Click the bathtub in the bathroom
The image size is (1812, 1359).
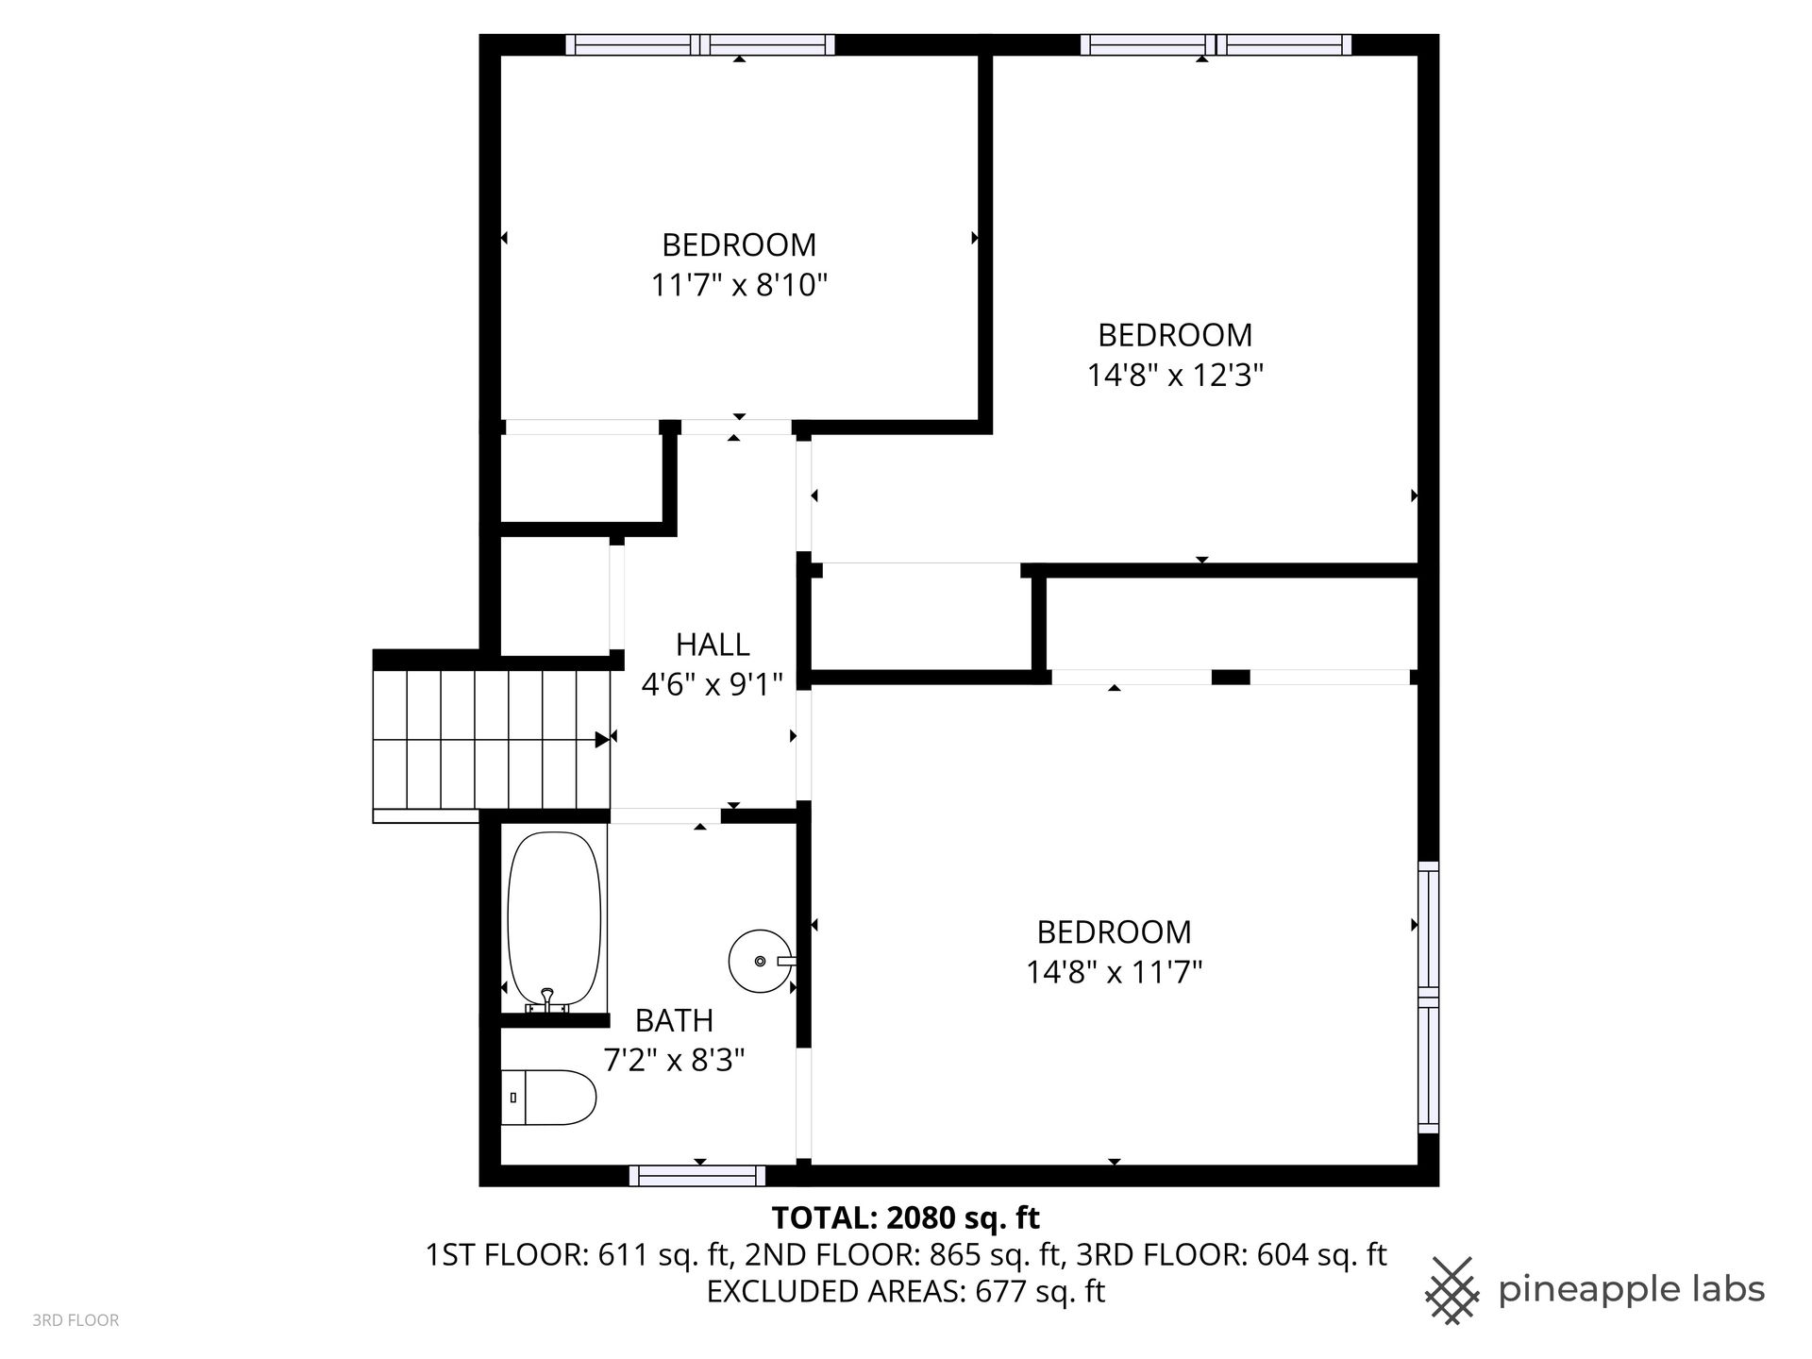[x=554, y=919]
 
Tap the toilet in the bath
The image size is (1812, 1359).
[x=548, y=1098]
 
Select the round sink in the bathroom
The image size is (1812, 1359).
[x=761, y=961]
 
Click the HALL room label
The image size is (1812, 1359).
[x=713, y=645]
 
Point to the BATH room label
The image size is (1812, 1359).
[x=674, y=1020]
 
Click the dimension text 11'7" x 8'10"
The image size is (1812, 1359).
[x=739, y=284]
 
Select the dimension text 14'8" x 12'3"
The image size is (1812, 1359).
[x=1175, y=376]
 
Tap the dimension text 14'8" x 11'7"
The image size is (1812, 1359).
[x=1115, y=972]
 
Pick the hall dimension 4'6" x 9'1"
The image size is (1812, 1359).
[x=713, y=684]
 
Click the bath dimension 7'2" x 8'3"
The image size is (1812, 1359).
[x=674, y=1061]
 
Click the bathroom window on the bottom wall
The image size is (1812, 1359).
[x=697, y=1175]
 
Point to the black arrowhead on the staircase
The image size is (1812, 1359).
[x=602, y=740]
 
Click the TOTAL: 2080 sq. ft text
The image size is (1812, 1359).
[x=906, y=1218]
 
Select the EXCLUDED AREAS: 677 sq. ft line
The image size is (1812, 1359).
[x=906, y=1291]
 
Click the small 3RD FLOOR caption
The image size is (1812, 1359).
[x=75, y=1320]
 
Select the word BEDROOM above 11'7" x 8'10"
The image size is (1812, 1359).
[x=739, y=244]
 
